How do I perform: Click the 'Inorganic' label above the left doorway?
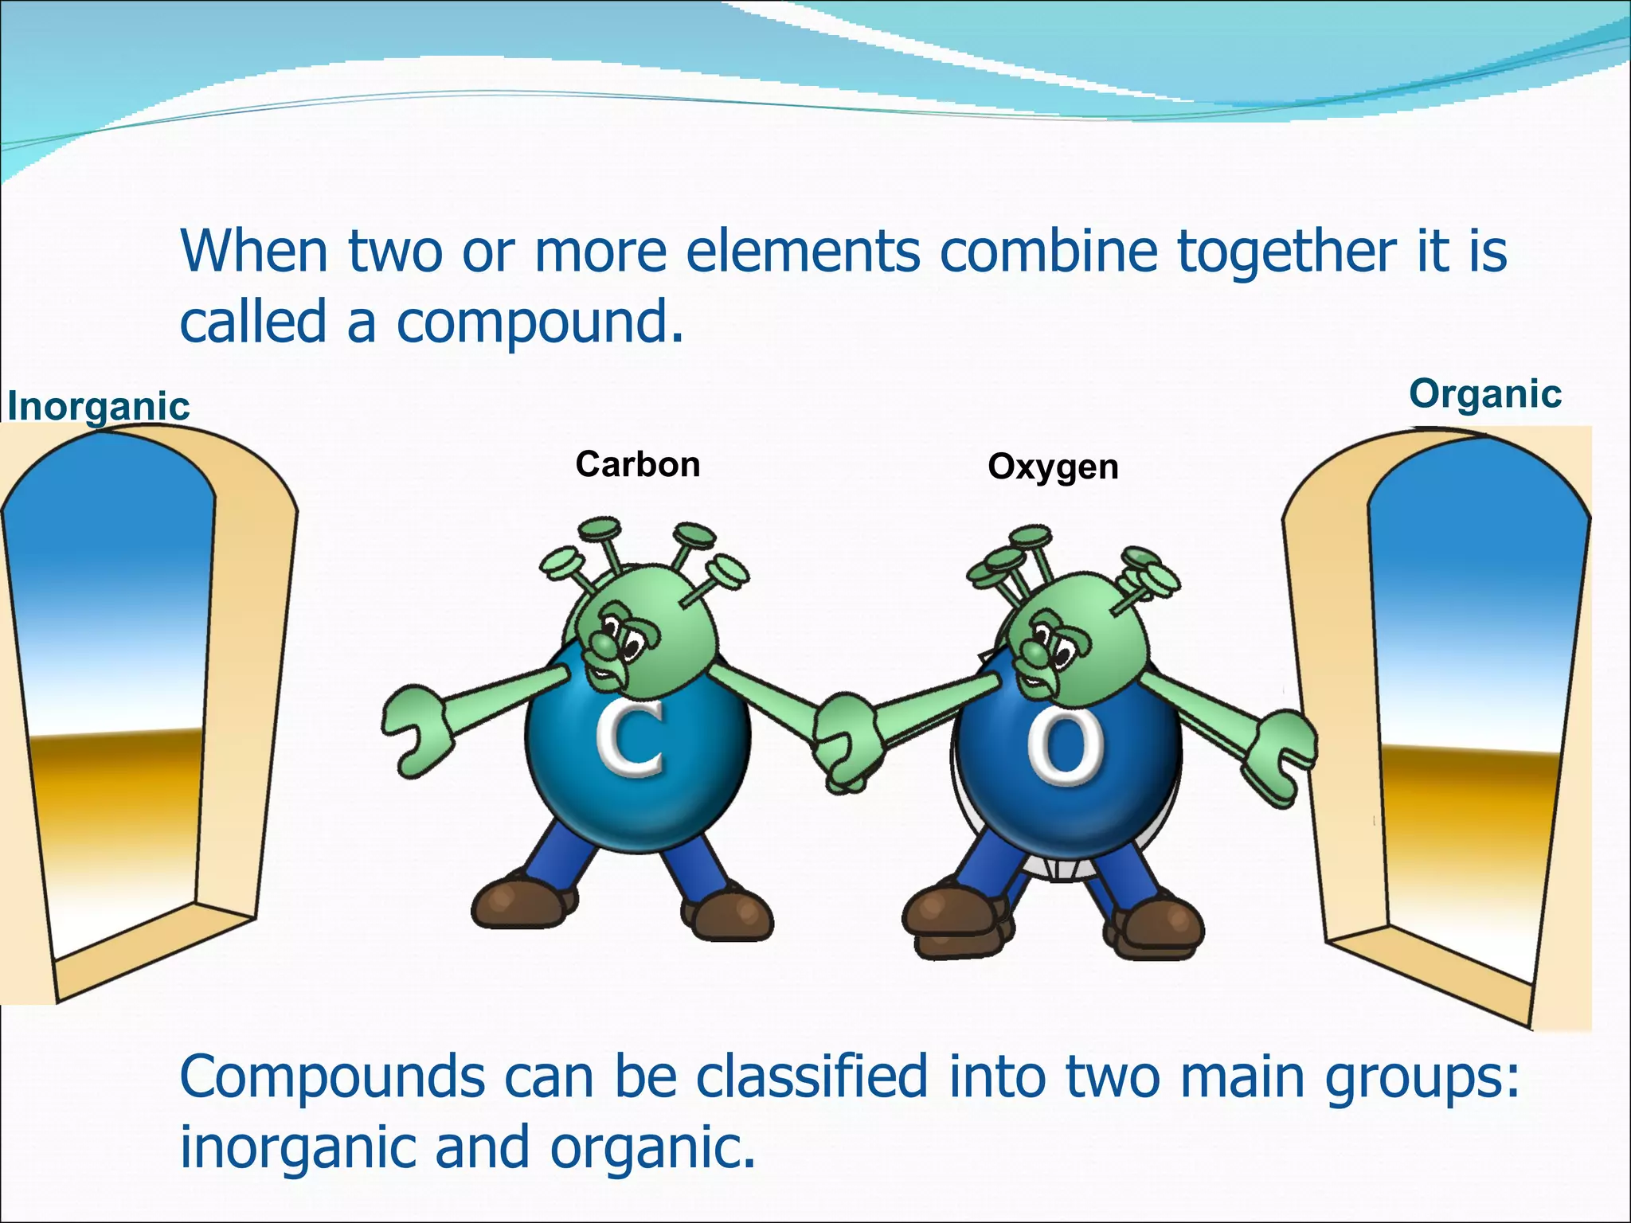point(99,406)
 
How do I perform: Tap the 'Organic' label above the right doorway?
point(1485,393)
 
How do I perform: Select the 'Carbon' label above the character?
point(638,464)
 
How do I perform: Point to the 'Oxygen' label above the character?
point(1053,467)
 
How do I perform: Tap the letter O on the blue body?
point(1065,748)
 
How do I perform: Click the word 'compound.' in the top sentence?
point(540,322)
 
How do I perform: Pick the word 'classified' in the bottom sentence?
point(812,1076)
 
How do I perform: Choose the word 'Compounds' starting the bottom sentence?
point(332,1076)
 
